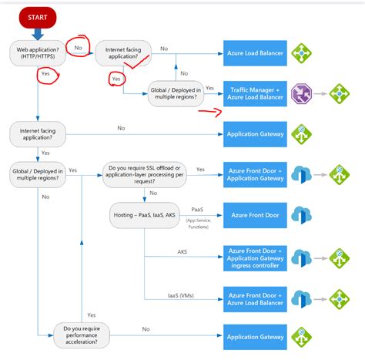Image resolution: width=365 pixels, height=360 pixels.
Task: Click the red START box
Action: click(x=36, y=15)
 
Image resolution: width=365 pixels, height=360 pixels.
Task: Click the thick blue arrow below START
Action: click(x=38, y=35)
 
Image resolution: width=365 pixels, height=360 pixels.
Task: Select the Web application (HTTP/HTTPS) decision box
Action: click(x=36, y=54)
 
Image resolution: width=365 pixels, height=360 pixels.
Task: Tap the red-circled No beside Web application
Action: click(x=79, y=48)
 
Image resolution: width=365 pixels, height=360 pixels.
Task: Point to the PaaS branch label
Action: click(x=197, y=208)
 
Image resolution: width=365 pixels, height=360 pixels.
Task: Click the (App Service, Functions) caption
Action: click(x=197, y=224)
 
